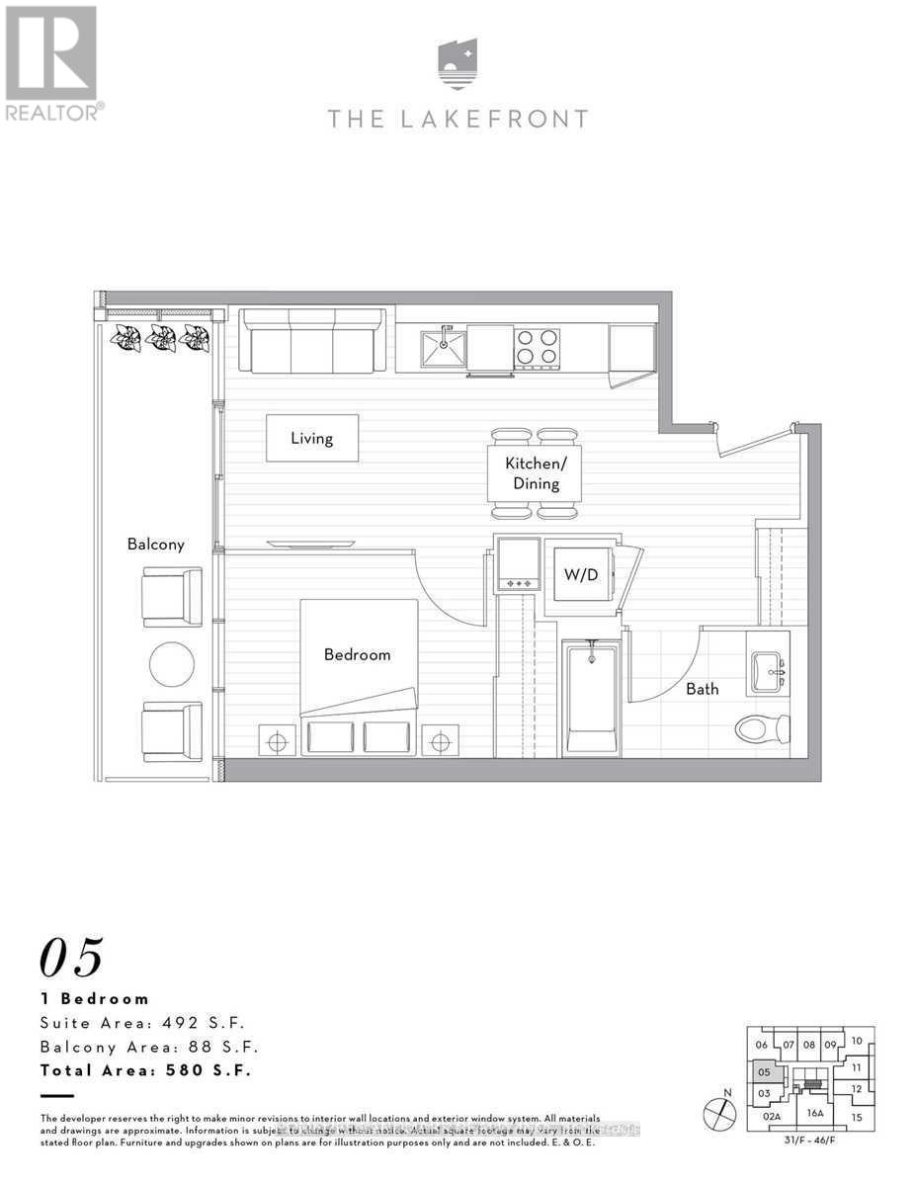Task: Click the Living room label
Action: click(311, 438)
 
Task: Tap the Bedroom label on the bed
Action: click(357, 654)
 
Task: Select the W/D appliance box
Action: click(581, 574)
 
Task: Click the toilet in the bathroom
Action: click(763, 729)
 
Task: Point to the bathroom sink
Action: click(767, 672)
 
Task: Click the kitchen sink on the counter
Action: click(444, 347)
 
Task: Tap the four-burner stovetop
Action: click(537, 347)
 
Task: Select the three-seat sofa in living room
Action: click(311, 341)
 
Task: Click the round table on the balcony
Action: click(172, 664)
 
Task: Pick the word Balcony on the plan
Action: click(155, 544)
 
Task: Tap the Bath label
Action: click(703, 689)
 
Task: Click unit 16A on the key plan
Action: click(815, 1113)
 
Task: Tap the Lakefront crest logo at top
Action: click(457, 64)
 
